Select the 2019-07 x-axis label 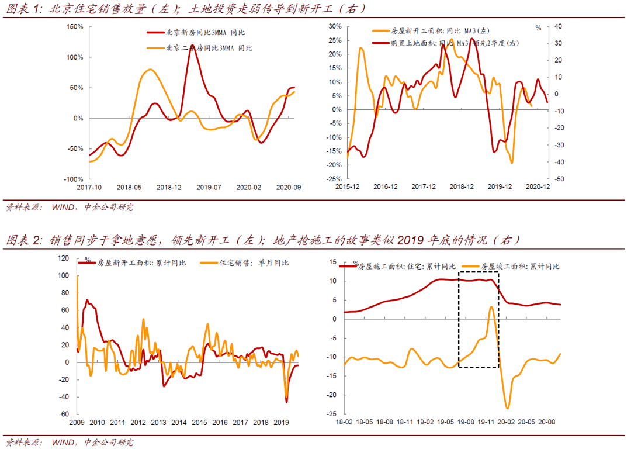coord(209,187)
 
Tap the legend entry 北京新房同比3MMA coord(199,33)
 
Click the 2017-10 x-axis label coord(89,187)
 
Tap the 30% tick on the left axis coord(334,27)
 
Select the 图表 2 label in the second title coord(24,240)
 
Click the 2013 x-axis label coord(158,423)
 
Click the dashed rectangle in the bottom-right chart coord(479,319)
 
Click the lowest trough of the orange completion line coord(507,408)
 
